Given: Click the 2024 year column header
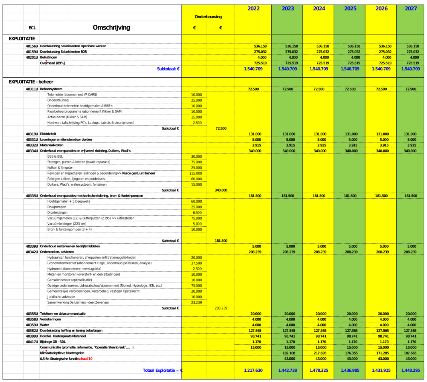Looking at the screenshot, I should coord(319,9).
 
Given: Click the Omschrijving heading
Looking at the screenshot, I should coord(111,28).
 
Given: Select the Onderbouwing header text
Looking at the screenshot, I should coord(208,17).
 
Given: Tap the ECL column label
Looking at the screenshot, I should coord(32,28).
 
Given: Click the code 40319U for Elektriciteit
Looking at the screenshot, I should coord(32,134).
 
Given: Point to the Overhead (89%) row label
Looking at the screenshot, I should coord(53,63).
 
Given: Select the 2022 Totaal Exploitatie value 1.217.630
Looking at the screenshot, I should coord(253,370).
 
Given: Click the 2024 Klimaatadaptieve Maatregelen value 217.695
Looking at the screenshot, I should coord(320,353).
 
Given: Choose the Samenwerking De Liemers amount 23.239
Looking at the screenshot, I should coord(196,303).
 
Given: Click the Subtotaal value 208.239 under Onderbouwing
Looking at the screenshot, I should coord(221,308).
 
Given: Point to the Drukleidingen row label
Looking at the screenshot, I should coord(58,213).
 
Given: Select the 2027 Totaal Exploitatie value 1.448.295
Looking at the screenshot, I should coord(410,370).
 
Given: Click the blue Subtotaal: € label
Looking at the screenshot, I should coord(168,69).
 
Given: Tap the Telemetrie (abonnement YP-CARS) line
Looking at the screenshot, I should coord(72,95).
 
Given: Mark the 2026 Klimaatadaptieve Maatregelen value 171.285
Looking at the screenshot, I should coord(382,353).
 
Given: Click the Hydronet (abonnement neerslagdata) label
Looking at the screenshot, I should coord(74,269).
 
